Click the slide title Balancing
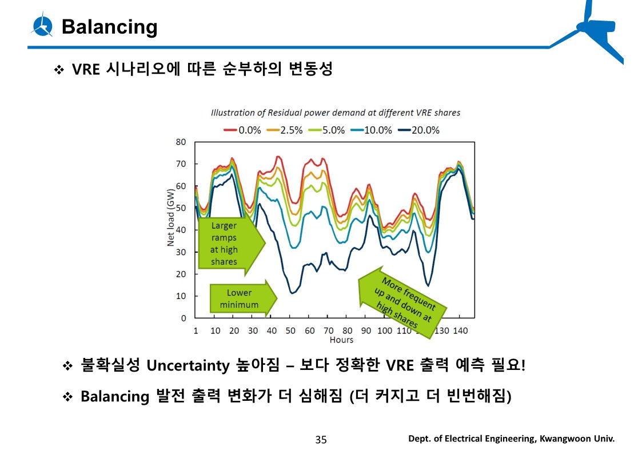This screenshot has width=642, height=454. tap(109, 27)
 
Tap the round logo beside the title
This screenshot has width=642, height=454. tap(43, 26)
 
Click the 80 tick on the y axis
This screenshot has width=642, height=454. tap(181, 142)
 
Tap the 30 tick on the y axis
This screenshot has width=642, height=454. tap(181, 252)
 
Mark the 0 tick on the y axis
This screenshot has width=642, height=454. tap(184, 318)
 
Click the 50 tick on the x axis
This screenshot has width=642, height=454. tap(290, 330)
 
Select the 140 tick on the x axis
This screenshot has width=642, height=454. tap(460, 330)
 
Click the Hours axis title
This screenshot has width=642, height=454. tap(341, 340)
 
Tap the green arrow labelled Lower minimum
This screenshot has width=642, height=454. tap(242, 298)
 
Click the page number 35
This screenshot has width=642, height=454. tap(321, 439)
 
